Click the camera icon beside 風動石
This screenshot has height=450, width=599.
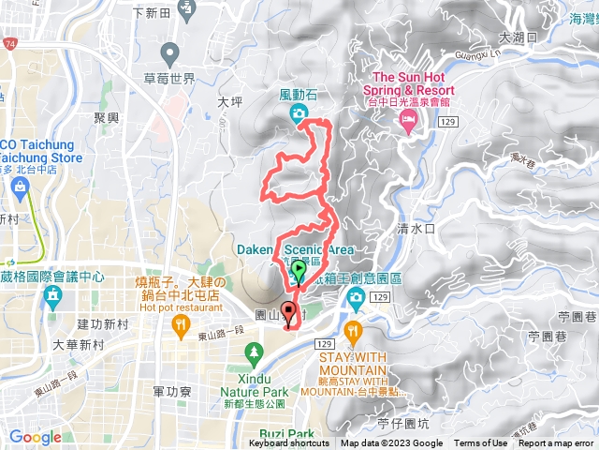pyautogui.click(x=299, y=114)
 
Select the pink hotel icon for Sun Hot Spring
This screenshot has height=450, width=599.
pyautogui.click(x=408, y=119)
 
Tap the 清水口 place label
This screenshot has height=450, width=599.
pyautogui.click(x=416, y=228)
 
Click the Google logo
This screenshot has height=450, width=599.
pyautogui.click(x=35, y=437)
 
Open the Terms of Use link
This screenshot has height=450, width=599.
pyautogui.click(x=481, y=443)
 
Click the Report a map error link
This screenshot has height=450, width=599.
pyautogui.click(x=556, y=443)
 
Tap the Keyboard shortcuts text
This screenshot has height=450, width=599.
pyautogui.click(x=289, y=443)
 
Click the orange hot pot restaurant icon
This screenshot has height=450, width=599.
pyautogui.click(x=181, y=324)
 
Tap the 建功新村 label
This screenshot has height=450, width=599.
pyautogui.click(x=103, y=323)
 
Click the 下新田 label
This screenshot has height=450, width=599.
pyautogui.click(x=150, y=13)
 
